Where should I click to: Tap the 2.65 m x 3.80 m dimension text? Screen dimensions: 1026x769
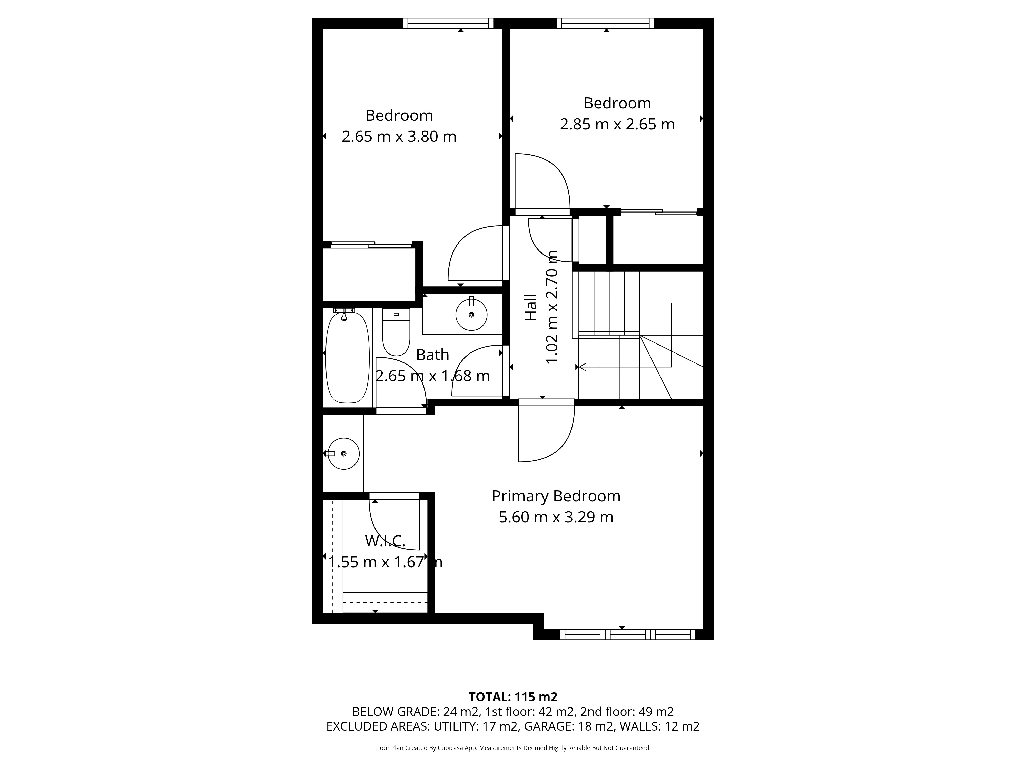399,137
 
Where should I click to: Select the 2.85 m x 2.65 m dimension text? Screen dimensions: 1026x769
617,124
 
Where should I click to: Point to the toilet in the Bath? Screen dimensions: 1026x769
396,332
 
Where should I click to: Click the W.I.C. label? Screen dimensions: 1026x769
385,540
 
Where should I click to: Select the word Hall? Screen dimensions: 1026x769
531,307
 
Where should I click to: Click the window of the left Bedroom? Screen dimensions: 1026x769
448,23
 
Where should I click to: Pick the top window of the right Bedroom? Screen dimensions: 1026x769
605,23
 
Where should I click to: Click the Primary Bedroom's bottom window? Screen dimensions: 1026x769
628,635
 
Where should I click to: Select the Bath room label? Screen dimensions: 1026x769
432,355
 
